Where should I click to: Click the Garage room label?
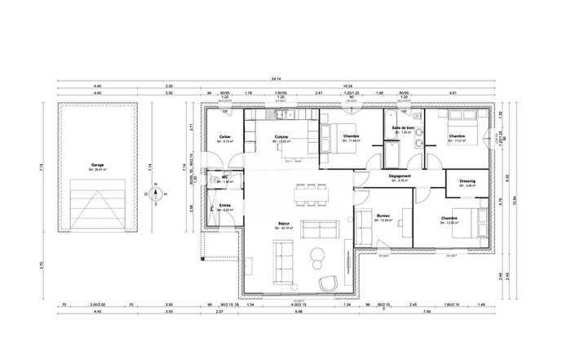[x=97, y=164]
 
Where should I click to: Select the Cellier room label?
[x=224, y=137]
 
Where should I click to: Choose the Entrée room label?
[x=224, y=207]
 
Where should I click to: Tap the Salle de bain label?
[x=404, y=129]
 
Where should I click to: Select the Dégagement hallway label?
[x=400, y=177]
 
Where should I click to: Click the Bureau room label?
[x=383, y=217]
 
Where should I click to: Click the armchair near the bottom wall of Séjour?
[x=328, y=282]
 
